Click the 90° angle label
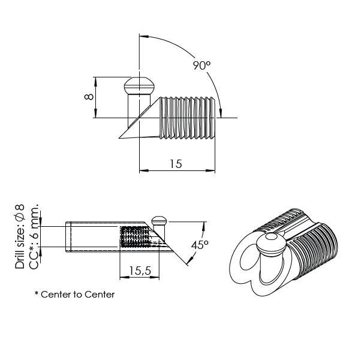coord(201,65)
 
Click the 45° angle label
coord(200,245)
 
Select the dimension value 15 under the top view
coord(176,163)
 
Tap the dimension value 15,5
coord(139,271)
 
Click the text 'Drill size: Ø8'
coord(20,236)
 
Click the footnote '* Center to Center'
coord(74,295)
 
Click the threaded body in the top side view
coord(187,116)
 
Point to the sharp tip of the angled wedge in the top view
coord(120,138)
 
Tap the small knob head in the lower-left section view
coord(159,220)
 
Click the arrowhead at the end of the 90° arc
coord(222,112)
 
